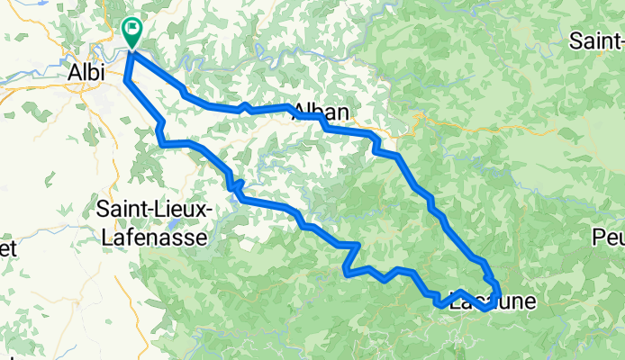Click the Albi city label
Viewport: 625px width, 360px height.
point(88,71)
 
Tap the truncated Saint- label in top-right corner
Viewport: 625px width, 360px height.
point(598,41)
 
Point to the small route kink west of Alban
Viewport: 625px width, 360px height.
point(244,107)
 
